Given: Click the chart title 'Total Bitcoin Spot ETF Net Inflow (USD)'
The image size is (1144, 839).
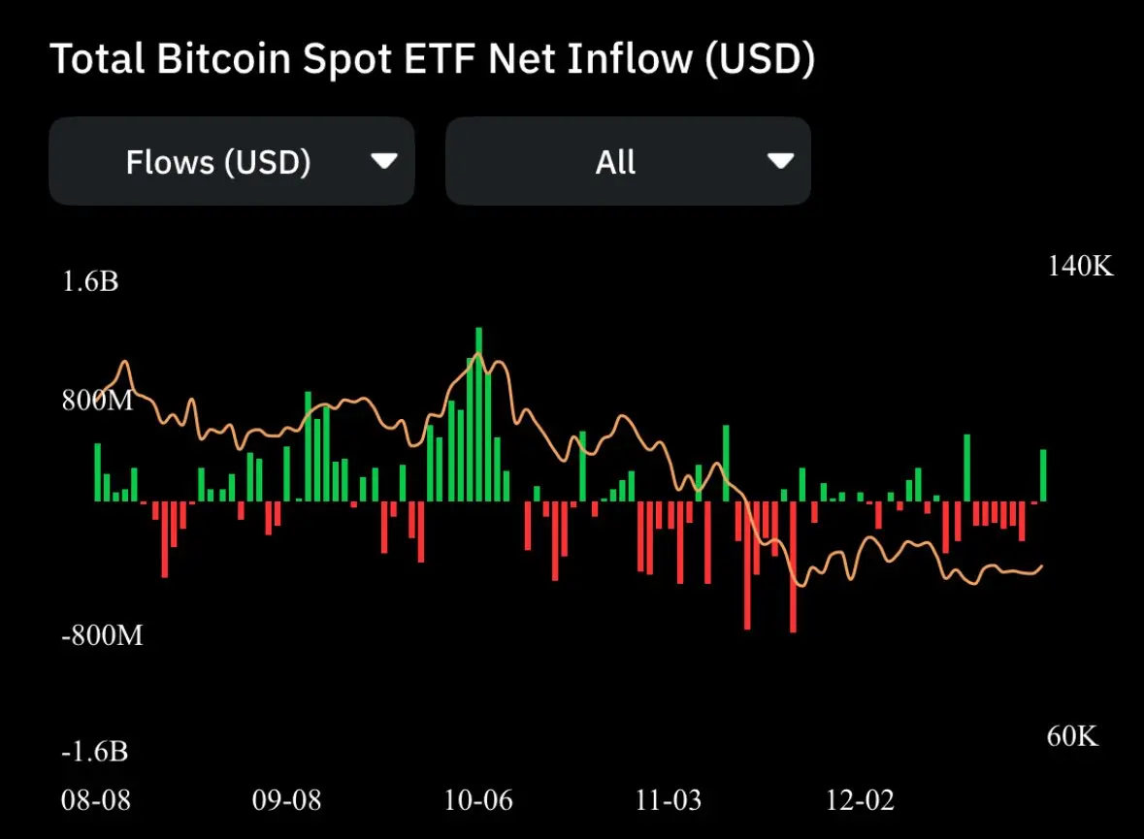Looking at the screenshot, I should pos(432,60).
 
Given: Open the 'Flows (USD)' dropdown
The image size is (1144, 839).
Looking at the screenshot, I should pos(231,161).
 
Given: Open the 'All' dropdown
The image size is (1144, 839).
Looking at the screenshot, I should pos(627,161).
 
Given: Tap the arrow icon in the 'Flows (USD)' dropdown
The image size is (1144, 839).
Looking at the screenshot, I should pos(384,161).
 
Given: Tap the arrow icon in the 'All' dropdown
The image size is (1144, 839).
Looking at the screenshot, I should pos(780,161).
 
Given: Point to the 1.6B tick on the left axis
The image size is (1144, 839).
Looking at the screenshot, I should pos(90,283).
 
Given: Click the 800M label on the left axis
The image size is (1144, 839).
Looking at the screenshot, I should pos(97,400).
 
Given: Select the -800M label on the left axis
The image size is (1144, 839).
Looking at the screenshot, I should pos(102,636).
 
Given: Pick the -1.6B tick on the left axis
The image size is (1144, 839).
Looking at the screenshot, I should pos(95,753).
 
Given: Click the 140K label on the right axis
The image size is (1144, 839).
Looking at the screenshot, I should pos(1080,267).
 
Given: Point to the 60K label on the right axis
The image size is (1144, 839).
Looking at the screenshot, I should pos(1073,737).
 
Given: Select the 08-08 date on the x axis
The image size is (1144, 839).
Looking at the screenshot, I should pos(95,801).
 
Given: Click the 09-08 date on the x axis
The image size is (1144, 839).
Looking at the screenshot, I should pos(286,801).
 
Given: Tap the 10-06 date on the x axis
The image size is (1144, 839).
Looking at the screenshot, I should pos(478,801).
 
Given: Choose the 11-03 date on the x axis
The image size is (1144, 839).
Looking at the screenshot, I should pos(669,801).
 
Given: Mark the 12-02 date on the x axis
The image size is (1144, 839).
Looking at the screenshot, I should pos(860,801).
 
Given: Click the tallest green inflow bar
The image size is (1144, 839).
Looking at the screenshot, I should pos(478,415).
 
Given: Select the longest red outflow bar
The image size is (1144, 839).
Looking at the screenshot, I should pos(793,566).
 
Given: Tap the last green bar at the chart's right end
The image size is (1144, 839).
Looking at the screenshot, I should pos(1043,475).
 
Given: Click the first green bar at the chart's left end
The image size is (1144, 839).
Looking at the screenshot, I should pos(97,472).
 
